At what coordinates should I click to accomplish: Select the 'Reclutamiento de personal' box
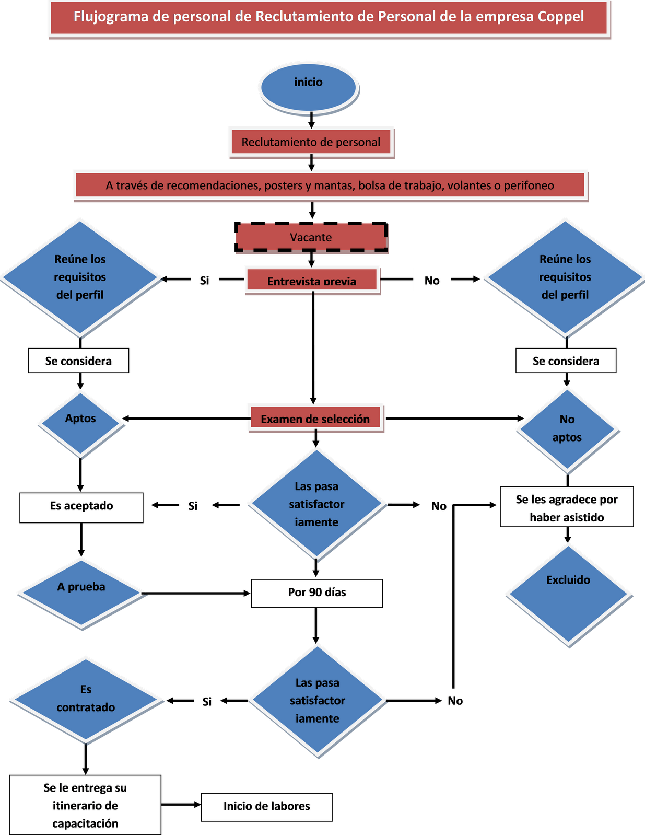pyautogui.click(x=311, y=142)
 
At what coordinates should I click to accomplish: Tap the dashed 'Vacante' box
pyautogui.click(x=311, y=238)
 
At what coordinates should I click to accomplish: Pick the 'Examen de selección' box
pyautogui.click(x=315, y=419)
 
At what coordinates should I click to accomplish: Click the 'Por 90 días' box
pyautogui.click(x=316, y=593)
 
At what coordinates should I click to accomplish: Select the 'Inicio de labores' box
pyautogui.click(x=266, y=806)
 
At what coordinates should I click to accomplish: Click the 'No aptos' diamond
pyautogui.click(x=567, y=429)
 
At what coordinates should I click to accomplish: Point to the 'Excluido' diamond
pyautogui.click(x=568, y=594)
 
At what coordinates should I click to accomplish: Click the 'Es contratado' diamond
pyautogui.click(x=86, y=699)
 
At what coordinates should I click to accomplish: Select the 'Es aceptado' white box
pyautogui.click(x=81, y=506)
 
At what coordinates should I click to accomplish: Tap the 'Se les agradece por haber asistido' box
pyautogui.click(x=567, y=508)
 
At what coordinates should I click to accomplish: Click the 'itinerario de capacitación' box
pyautogui.click(x=85, y=805)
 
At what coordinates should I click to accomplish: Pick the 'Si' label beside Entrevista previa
pyautogui.click(x=204, y=280)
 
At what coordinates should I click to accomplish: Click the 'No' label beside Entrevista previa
pyautogui.click(x=432, y=280)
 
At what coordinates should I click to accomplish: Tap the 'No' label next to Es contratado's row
pyautogui.click(x=455, y=701)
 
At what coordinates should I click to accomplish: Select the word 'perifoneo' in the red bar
pyautogui.click(x=529, y=185)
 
